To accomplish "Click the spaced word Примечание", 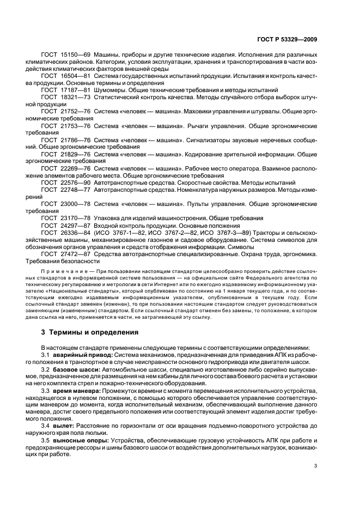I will pyautogui.click(x=61, y=271).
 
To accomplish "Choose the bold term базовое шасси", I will pyautogui.click(x=80, y=369).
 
